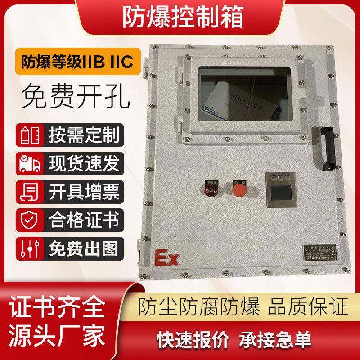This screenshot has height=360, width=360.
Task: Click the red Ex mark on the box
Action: coord(167,259)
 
